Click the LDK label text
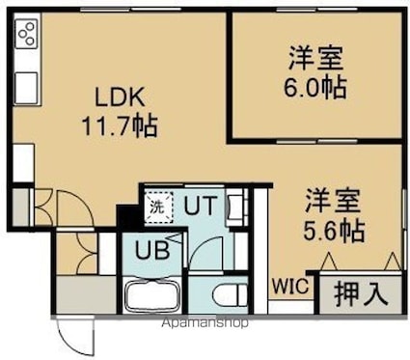(120, 97)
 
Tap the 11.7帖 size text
(120, 125)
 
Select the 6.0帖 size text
(315, 87)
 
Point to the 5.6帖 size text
(334, 232)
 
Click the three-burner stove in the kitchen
(27, 34)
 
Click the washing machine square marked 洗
(158, 207)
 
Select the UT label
(200, 206)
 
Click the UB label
(151, 251)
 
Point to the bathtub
(152, 295)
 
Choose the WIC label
(290, 286)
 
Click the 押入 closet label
(361, 294)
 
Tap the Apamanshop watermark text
(205, 322)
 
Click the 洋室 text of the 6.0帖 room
(315, 58)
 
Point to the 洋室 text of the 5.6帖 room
(333, 202)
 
